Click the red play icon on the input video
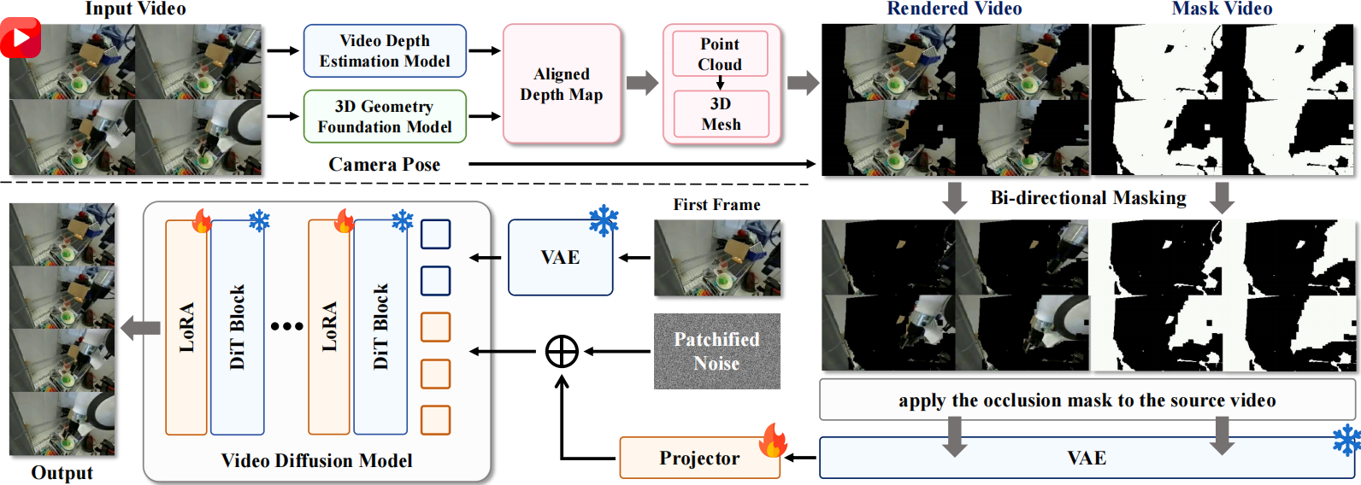pos(21,38)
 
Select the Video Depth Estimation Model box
pos(385,51)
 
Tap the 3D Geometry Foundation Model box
pos(385,117)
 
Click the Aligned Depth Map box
pos(562,84)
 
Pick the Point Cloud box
pos(720,54)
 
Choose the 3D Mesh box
pos(721,114)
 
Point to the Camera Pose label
pos(384,164)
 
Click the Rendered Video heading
pos(954,9)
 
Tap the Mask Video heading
pos(1222,9)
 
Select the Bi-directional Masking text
pos(1087,198)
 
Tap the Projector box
pos(698,459)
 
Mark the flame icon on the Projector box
pos(773,441)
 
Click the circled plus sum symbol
pos(562,351)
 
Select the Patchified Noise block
pos(716,351)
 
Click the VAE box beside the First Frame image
pos(560,258)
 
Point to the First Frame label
pos(716,205)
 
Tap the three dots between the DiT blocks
pos(286,326)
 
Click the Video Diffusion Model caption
pos(316,461)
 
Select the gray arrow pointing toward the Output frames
pos(140,328)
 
